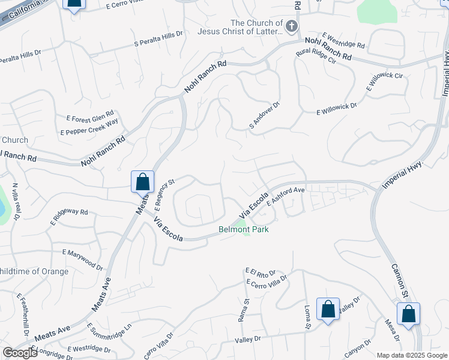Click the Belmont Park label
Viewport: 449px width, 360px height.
pos(243,229)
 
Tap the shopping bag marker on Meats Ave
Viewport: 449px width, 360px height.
pos(142,181)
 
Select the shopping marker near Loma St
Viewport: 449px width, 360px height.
pos(328,310)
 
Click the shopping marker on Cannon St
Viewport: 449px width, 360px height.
pos(408,314)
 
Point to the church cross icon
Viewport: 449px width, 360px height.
pos(291,26)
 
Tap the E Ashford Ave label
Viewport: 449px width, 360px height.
pos(286,196)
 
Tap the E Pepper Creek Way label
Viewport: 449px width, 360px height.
pos(89,128)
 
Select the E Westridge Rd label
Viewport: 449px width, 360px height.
pos(343,41)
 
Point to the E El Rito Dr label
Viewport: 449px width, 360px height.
pos(260,272)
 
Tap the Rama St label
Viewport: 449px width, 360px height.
pos(244,310)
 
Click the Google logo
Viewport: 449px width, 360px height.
pos(20,353)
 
